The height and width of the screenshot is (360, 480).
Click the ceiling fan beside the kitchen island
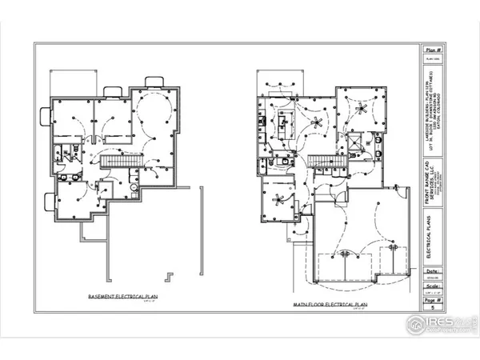pyautogui.click(x=318, y=123)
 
